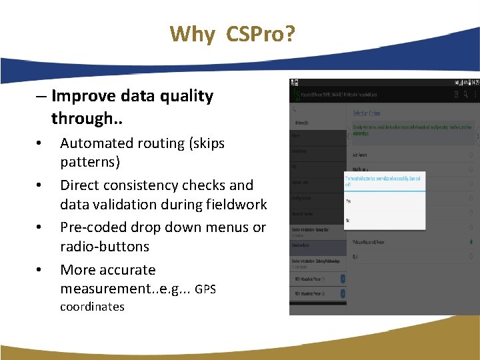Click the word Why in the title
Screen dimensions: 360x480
[192, 34]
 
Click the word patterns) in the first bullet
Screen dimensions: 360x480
[90, 162]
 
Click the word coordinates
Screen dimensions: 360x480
[92, 307]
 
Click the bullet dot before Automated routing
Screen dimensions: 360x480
[40, 143]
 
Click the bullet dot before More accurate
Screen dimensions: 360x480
[40, 270]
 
